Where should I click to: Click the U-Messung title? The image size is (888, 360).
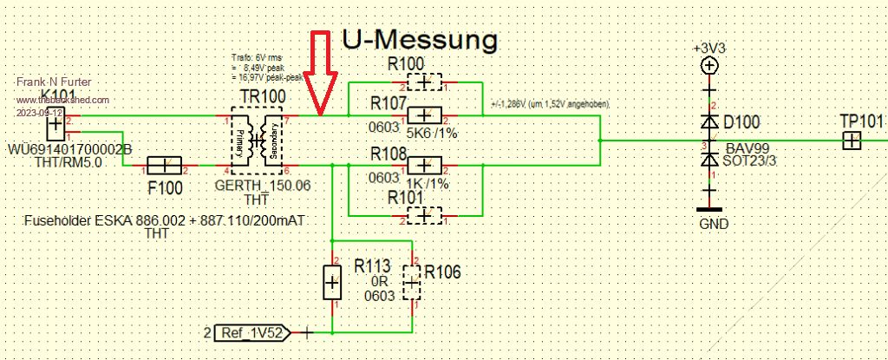(420, 39)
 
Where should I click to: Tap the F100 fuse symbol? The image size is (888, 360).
(163, 165)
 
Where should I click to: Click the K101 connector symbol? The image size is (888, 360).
(55, 124)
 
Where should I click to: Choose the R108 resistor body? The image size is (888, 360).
(424, 165)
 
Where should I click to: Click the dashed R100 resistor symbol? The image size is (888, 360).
(424, 83)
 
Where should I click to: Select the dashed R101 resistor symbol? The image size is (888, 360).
(424, 214)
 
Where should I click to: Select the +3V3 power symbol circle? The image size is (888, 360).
(709, 65)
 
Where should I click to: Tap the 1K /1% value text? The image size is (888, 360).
(428, 184)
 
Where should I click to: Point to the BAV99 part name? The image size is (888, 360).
(742, 150)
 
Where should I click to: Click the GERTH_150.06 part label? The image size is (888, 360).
(262, 185)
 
